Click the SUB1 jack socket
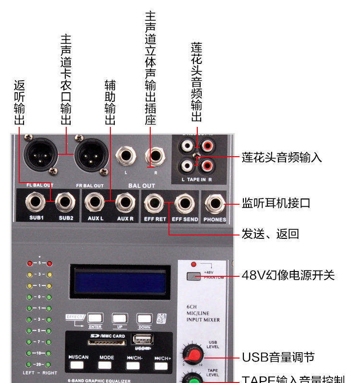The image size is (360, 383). [x=36, y=204]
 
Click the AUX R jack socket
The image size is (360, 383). [x=125, y=204]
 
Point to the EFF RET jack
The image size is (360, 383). [x=155, y=204]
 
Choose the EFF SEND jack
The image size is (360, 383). [x=184, y=204]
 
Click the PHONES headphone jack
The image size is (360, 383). [x=214, y=204]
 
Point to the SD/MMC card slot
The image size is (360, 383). [x=108, y=342]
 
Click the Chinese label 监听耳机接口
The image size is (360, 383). [x=276, y=203]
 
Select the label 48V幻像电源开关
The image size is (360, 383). [x=288, y=275]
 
